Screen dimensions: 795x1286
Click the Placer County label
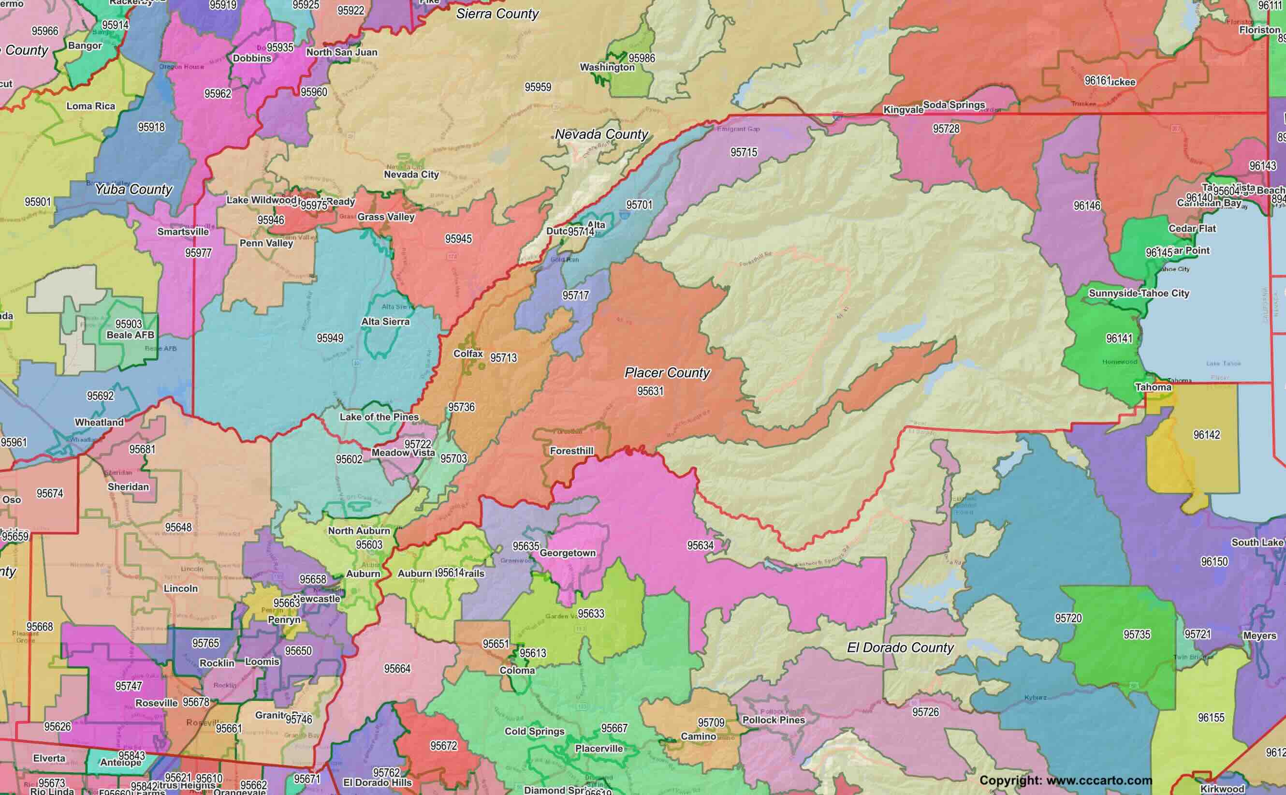(x=667, y=373)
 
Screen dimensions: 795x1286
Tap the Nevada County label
(x=601, y=134)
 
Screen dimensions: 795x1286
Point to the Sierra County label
(x=497, y=14)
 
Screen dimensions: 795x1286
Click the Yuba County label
(x=133, y=189)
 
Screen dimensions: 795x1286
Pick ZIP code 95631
(x=650, y=391)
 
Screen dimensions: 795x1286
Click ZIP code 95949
(x=330, y=338)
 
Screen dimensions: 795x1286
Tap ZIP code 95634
(x=700, y=545)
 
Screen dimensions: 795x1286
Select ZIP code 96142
(x=1207, y=435)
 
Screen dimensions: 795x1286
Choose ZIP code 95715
(x=744, y=152)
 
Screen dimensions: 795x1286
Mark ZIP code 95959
(x=538, y=87)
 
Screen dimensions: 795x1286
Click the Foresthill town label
(x=571, y=451)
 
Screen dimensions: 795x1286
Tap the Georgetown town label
(x=568, y=553)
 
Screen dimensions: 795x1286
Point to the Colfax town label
(x=468, y=353)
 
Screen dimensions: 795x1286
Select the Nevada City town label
(x=411, y=174)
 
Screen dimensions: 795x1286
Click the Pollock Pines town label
(x=774, y=720)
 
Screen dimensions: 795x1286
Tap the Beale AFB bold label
(x=131, y=335)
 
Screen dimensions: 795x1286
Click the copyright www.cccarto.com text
(x=1066, y=780)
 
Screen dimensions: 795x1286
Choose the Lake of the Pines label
(x=379, y=417)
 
